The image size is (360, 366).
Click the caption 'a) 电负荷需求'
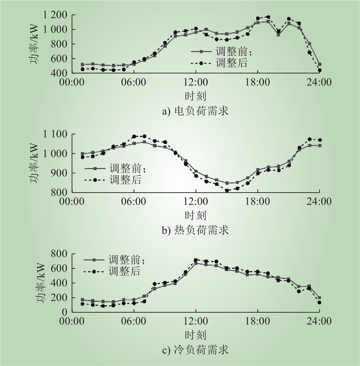195,110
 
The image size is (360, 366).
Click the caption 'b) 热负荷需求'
195,230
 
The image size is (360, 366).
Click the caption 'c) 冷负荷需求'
195,350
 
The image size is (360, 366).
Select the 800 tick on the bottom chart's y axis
60,253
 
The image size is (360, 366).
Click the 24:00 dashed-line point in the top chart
319,70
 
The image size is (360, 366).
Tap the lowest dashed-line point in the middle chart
227,190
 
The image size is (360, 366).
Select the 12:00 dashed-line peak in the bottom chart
196,260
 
